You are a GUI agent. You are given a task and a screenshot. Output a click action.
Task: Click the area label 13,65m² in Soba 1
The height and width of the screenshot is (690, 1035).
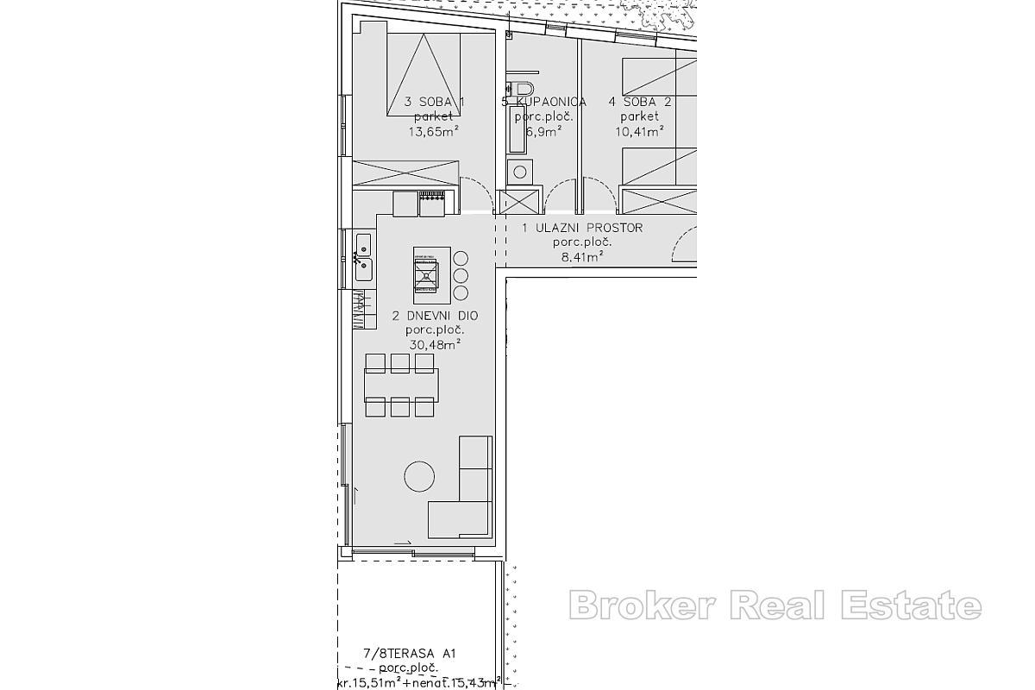pyautogui.click(x=433, y=131)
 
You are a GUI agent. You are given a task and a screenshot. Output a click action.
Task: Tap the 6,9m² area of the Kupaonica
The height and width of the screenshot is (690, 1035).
pyautogui.click(x=543, y=131)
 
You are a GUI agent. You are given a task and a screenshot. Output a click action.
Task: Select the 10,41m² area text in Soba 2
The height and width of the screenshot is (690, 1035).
pyautogui.click(x=639, y=131)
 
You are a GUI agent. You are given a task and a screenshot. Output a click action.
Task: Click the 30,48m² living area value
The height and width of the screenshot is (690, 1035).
pyautogui.click(x=435, y=343)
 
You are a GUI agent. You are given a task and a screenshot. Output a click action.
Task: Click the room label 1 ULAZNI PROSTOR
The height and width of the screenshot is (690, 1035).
pyautogui.click(x=582, y=228)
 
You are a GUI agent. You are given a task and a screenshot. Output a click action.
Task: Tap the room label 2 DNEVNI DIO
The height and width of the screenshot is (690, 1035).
pyautogui.click(x=435, y=316)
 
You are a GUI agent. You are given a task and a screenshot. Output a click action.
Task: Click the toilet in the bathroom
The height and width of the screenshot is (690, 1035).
pyautogui.click(x=522, y=88)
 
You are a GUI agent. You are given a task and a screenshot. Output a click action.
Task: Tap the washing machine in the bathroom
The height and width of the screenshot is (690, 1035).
pyautogui.click(x=519, y=172)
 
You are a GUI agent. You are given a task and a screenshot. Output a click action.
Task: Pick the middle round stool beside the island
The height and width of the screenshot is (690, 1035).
pyautogui.click(x=461, y=276)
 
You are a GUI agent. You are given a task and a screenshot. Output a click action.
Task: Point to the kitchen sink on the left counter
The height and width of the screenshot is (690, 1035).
pyautogui.click(x=363, y=257)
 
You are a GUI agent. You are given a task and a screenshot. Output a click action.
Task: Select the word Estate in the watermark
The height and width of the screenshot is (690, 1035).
pyautogui.click(x=914, y=605)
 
